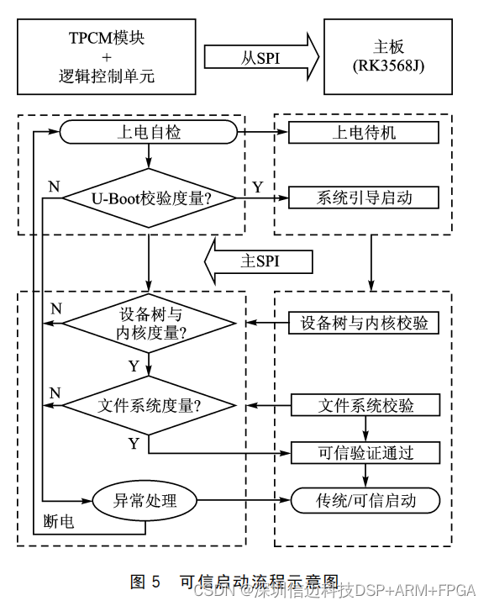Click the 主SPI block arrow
point(260,261)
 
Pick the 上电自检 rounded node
point(147,132)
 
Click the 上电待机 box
point(364,132)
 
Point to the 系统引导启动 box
point(364,198)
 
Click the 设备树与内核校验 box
point(364,323)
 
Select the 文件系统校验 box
point(364,405)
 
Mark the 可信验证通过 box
point(364,453)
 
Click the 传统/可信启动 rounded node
point(365,501)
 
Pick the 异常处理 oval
point(145,500)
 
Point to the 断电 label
point(59,522)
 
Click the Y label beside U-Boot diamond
point(256,185)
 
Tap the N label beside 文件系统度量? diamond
point(55,393)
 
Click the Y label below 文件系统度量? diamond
point(134,442)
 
